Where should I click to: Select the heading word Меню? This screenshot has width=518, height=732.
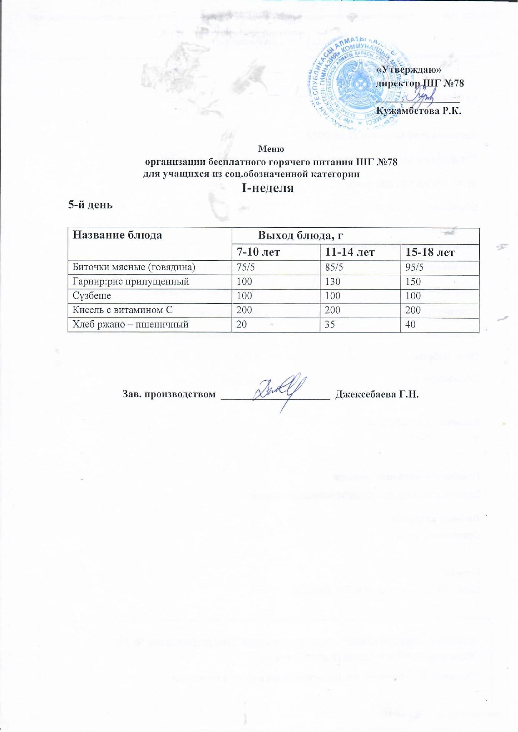coord(271,148)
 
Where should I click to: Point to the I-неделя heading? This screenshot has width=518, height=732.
coord(268,188)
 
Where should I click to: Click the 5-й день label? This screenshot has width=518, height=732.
coord(91,205)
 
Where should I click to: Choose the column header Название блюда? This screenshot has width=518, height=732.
coord(118,235)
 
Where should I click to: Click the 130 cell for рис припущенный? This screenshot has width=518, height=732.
coord(332,282)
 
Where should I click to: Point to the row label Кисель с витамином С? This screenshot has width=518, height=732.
coord(123,310)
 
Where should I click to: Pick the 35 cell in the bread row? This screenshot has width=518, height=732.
coord(329,324)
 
